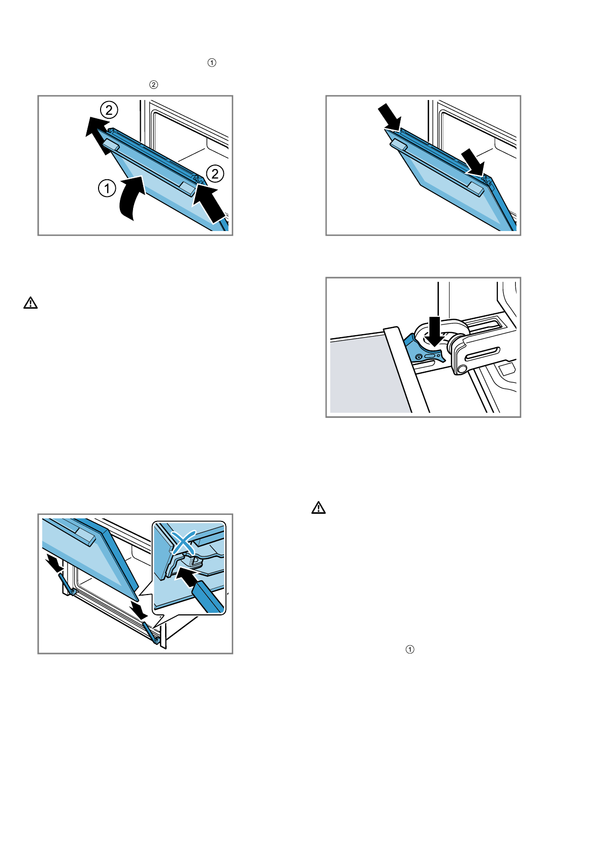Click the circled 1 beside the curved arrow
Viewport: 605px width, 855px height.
[x=107, y=189]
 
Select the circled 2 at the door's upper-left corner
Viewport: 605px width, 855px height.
[x=109, y=110]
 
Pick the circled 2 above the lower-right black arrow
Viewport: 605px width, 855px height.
[x=215, y=174]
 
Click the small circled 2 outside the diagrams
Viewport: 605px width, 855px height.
[x=153, y=85]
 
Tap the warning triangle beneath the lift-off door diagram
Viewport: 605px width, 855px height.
[x=30, y=303]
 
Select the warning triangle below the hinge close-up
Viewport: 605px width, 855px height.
[x=319, y=507]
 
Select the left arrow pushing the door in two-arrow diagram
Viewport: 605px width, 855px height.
[x=390, y=116]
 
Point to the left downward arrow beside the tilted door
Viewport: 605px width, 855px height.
[x=54, y=563]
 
